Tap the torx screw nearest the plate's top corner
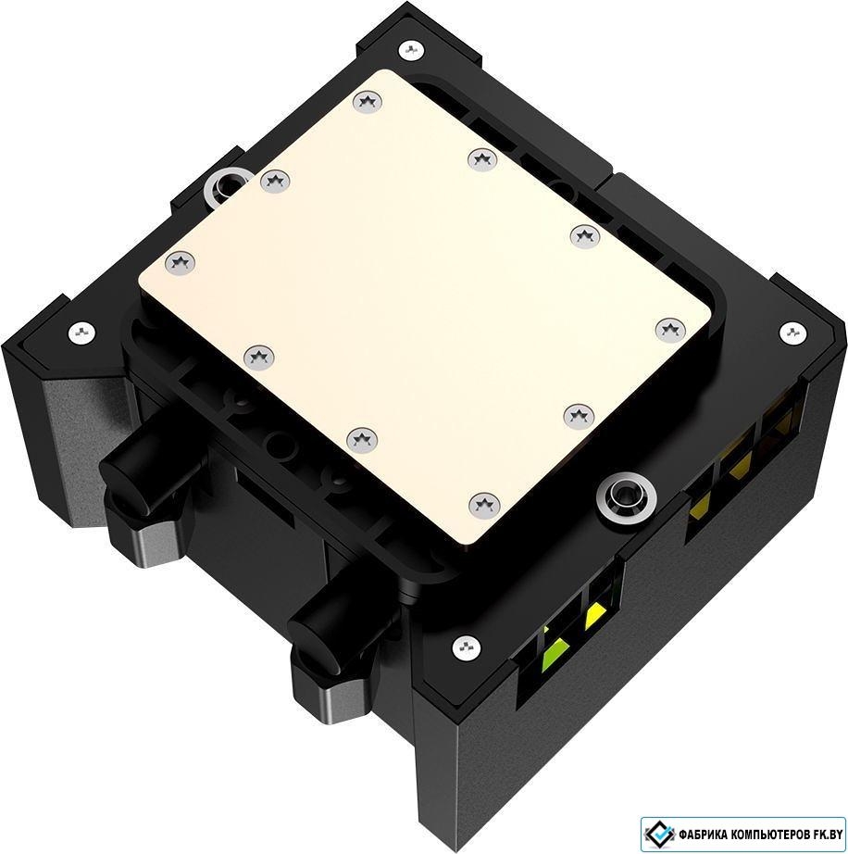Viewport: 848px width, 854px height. click(368, 101)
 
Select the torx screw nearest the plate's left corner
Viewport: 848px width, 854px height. click(180, 264)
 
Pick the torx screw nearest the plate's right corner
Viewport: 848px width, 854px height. click(670, 329)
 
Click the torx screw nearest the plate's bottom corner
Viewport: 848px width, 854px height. click(484, 504)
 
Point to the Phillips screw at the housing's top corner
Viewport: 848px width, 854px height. click(412, 51)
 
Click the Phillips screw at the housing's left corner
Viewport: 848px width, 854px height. click(82, 332)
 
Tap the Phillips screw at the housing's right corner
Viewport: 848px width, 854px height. click(792, 333)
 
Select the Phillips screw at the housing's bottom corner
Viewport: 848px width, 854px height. click(467, 647)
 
